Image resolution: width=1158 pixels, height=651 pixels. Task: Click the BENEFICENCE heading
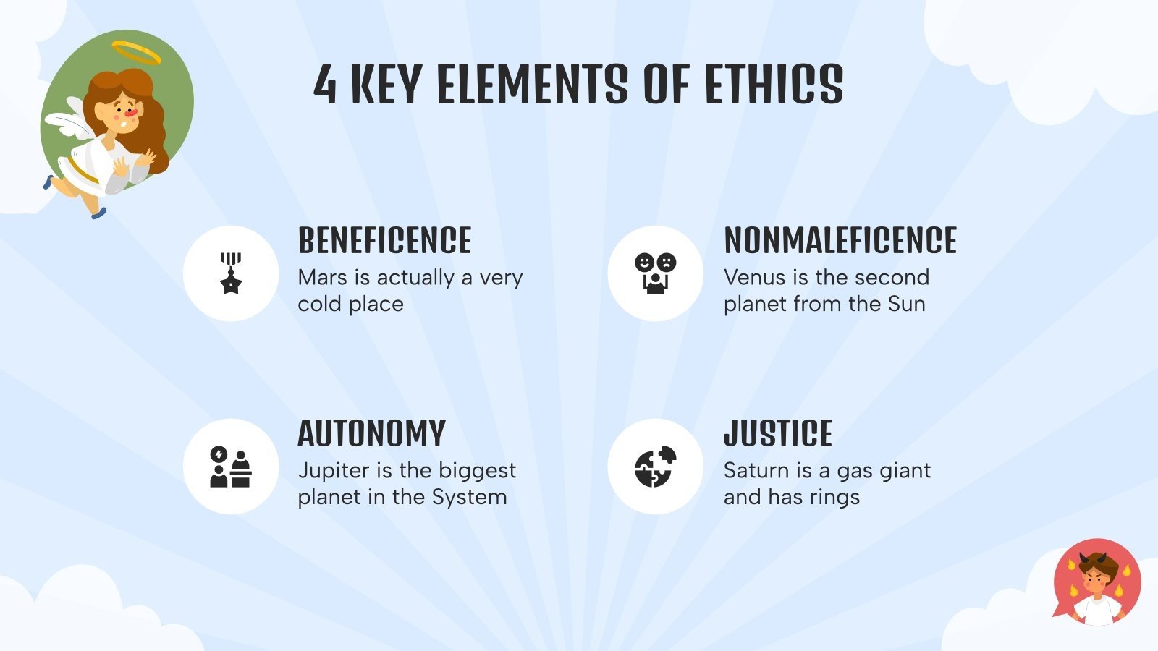coord(384,241)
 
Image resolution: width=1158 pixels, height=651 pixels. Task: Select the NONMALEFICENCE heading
coord(840,241)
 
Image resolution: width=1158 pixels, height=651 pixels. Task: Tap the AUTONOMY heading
coord(371,434)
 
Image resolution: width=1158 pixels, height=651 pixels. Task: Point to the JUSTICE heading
coord(778,434)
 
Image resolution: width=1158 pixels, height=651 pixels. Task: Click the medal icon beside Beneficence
coord(231,273)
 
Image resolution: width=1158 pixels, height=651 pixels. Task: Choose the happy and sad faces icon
coord(655,273)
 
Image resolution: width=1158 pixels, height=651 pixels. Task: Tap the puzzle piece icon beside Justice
coord(655,467)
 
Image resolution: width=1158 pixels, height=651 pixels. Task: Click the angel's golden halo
coord(136,52)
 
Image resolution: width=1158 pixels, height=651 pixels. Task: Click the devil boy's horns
coord(1094,558)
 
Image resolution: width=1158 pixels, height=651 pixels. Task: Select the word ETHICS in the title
coord(774,84)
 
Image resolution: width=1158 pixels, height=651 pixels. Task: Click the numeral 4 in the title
coord(325,84)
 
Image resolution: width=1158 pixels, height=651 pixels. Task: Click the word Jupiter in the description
coord(334,471)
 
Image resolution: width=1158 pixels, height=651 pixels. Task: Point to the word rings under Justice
coord(835,498)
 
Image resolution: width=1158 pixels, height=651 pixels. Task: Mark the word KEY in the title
coord(386,84)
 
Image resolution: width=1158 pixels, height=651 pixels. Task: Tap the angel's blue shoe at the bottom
coord(98,213)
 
